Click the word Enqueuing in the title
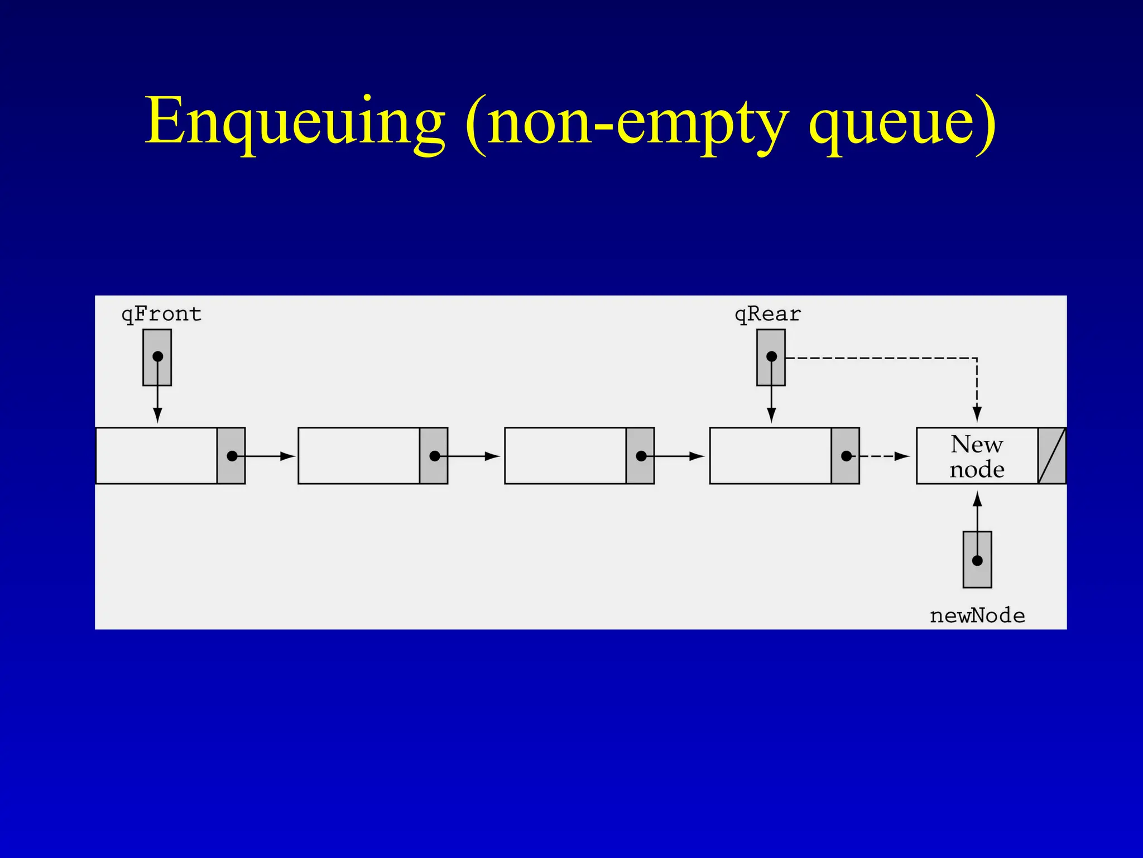(x=295, y=122)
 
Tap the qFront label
(x=161, y=314)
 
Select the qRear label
(x=767, y=314)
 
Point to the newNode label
(x=977, y=616)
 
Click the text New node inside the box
(x=977, y=456)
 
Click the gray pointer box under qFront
(x=157, y=357)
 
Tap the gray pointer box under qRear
(x=771, y=357)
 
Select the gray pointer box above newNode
(x=977, y=560)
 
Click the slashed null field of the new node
(x=1052, y=456)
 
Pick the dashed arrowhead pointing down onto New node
(x=977, y=414)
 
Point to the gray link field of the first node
(x=231, y=456)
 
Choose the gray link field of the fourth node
(x=845, y=456)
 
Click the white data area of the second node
(x=359, y=456)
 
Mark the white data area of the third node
(x=565, y=456)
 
